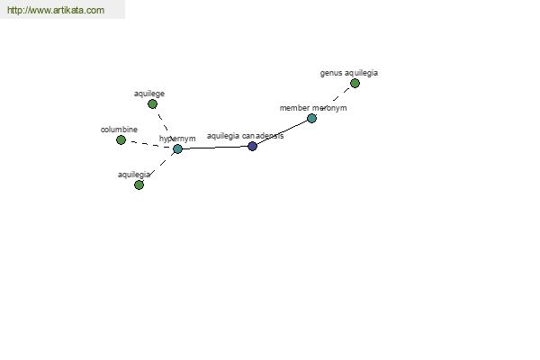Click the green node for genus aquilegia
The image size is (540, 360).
355,83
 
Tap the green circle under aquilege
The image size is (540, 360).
153,104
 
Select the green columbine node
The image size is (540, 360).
121,139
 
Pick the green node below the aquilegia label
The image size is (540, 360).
139,185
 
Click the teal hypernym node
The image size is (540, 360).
177,148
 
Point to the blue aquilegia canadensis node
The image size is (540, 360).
252,146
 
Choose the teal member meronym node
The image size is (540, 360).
311,119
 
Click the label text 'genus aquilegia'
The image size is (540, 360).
349,73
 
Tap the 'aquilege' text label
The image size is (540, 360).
149,94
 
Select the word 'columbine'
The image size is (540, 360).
119,130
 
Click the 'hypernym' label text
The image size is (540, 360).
177,139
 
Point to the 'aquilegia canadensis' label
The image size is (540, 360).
245,136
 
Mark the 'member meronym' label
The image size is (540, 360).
313,108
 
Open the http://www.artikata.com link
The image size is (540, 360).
56,10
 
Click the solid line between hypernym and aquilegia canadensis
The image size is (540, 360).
215,148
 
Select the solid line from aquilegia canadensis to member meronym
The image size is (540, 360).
282,132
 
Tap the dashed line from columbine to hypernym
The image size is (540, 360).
149,144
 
